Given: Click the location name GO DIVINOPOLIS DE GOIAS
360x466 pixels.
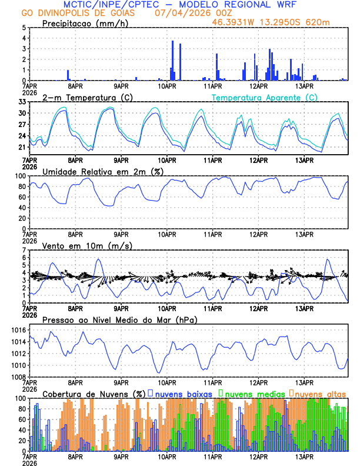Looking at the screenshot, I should pyautogui.click(x=77, y=13).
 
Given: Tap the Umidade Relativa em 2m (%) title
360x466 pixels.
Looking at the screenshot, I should pyautogui.click(x=103, y=171).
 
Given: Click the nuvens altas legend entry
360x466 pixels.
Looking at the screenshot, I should pyautogui.click(x=321, y=393).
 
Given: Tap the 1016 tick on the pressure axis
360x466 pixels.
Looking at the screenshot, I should pyautogui.click(x=19, y=330).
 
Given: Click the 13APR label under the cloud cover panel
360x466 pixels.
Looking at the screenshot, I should pyautogui.click(x=304, y=456).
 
